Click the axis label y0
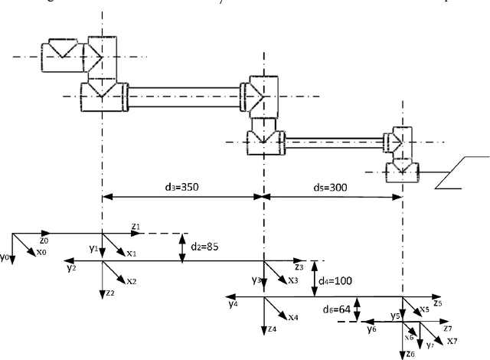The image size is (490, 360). pyautogui.click(x=6, y=257)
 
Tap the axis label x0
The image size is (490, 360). pyautogui.click(x=41, y=252)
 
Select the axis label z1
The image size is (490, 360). pyautogui.click(x=136, y=227)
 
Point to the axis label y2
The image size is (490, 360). pyautogui.click(x=70, y=268)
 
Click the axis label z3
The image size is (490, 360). pyautogui.click(x=299, y=267)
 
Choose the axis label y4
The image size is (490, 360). pyautogui.click(x=233, y=303)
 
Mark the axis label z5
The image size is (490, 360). pyautogui.click(x=437, y=303)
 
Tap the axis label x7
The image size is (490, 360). pyautogui.click(x=452, y=340)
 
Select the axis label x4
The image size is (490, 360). pyautogui.click(x=293, y=316)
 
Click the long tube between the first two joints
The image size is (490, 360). pyautogui.click(x=184, y=96)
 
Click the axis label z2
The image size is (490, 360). pyautogui.click(x=111, y=293)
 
